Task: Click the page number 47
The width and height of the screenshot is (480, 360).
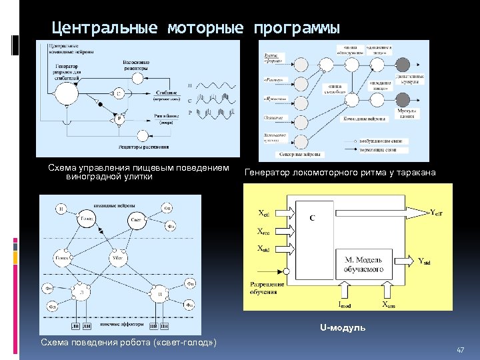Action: pyautogui.click(x=459, y=350)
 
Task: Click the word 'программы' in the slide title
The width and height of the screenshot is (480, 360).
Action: pyautogui.click(x=296, y=29)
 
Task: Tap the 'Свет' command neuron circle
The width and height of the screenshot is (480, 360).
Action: pyautogui.click(x=136, y=220)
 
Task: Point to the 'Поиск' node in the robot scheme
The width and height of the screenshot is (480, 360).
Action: pyautogui.click(x=64, y=257)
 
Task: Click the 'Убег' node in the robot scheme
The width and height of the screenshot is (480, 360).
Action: pyautogui.click(x=118, y=257)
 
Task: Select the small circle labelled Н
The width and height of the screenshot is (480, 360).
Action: pyautogui.click(x=61, y=209)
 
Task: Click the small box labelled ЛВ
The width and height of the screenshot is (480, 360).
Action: pyautogui.click(x=77, y=326)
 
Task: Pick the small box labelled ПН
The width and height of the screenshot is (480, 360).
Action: pyautogui.click(x=164, y=326)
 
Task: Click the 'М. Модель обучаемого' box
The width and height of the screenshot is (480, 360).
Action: pyautogui.click(x=363, y=264)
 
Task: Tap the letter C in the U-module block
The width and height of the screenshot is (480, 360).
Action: pyautogui.click(x=312, y=218)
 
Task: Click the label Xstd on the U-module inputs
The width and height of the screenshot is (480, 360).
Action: pyautogui.click(x=264, y=249)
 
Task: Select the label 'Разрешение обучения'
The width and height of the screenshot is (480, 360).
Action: pyautogui.click(x=267, y=288)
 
